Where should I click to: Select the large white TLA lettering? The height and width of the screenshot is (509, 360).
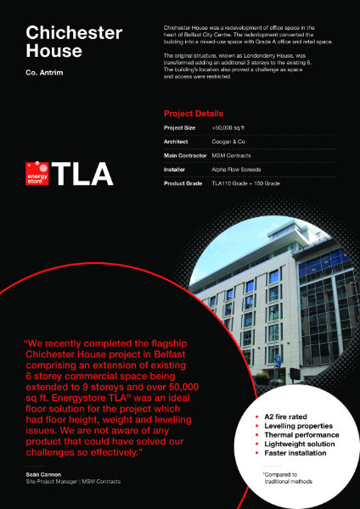(82, 173)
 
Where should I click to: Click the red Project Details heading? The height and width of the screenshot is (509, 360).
(194, 113)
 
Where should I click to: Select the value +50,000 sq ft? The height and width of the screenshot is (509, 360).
(228, 127)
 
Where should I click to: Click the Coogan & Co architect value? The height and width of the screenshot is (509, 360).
(227, 142)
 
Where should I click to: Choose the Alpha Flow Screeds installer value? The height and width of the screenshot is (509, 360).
(236, 170)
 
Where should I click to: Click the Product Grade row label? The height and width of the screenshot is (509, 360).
(183, 183)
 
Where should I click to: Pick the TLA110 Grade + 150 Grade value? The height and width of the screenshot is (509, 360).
(245, 183)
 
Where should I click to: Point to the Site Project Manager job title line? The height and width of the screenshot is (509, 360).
(72, 481)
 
